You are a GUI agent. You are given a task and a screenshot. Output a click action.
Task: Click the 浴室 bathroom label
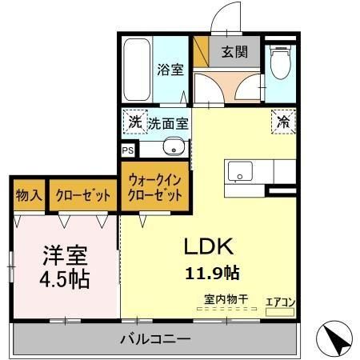click(170, 70)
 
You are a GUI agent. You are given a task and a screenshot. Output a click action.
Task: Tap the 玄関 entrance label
click(234, 53)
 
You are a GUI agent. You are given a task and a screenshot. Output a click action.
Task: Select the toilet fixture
click(280, 64)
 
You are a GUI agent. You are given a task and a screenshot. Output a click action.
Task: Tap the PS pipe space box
click(127, 150)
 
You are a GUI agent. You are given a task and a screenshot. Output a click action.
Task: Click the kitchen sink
click(239, 171)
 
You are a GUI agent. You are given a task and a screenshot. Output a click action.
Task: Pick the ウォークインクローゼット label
click(156, 188)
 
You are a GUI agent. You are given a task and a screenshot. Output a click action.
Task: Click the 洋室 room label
click(65, 258)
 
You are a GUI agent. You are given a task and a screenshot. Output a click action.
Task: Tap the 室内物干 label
click(225, 300)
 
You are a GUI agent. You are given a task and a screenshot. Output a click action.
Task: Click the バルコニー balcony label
click(155, 339)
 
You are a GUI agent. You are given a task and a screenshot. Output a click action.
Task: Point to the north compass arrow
click(338, 339)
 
